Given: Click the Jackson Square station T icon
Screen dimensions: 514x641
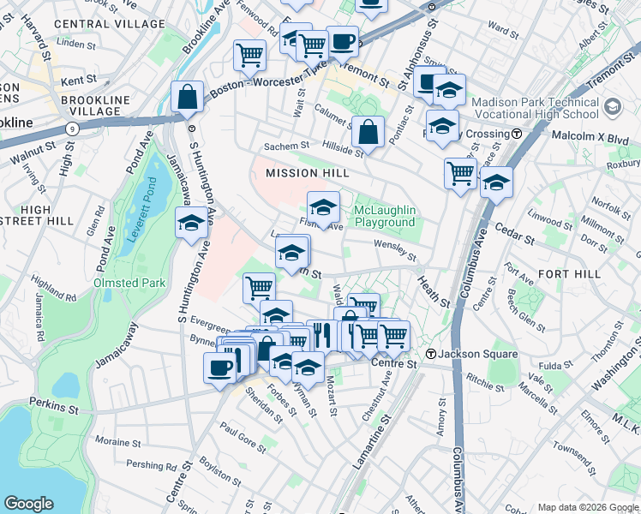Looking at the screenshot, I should point(432,355).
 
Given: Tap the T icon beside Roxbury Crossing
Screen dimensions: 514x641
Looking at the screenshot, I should point(517,134).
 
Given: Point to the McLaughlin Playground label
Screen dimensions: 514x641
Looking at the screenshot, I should point(385,217).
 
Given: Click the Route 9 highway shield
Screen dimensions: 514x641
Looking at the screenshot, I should point(71,128).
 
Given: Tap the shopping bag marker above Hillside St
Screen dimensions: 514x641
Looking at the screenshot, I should point(368,132).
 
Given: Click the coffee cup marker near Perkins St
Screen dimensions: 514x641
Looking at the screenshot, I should point(219,368).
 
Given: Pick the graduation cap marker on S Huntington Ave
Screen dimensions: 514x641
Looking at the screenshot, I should point(191,224).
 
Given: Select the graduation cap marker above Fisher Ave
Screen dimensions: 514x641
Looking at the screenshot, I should point(323,207).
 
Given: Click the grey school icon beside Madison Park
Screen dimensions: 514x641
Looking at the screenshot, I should point(612,105).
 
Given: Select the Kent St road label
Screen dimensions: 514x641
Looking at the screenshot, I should point(79,80).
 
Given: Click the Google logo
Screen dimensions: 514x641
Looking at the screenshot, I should point(28,504).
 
